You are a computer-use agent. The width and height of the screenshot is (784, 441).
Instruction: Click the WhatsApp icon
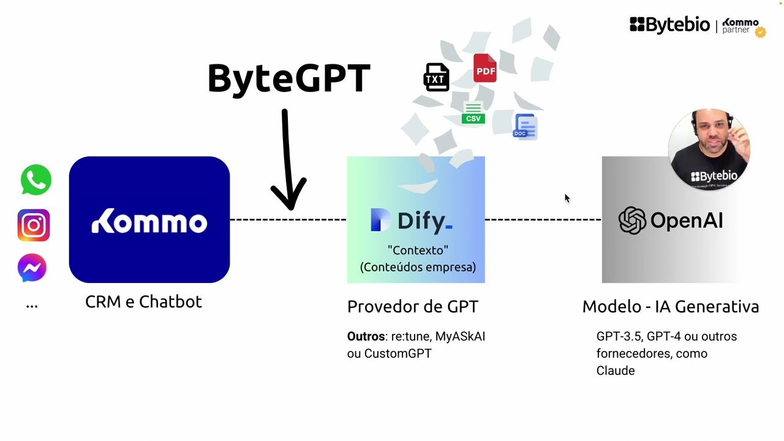tap(36, 180)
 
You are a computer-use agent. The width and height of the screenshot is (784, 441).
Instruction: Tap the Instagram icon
tap(33, 225)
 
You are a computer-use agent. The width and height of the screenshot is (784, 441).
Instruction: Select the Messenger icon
tap(32, 268)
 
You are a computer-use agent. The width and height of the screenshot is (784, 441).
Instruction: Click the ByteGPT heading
tap(288, 78)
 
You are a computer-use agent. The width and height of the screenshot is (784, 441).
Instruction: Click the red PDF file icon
tap(484, 69)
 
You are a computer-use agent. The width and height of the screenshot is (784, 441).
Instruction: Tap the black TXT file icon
tap(436, 78)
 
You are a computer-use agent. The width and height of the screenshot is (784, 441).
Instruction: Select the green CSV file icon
tap(473, 114)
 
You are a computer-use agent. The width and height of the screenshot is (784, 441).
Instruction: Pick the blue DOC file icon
tap(525, 126)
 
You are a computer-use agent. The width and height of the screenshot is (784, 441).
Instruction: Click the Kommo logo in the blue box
tap(149, 221)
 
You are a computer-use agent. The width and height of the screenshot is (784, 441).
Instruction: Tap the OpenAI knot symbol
tap(632, 221)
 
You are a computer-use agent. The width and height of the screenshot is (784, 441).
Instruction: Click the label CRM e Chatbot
tap(143, 302)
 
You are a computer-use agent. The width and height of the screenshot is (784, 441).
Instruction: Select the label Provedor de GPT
tap(412, 307)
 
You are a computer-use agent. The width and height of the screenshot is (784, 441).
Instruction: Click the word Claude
tap(616, 371)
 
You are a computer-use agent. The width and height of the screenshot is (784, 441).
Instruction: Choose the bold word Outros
tap(366, 336)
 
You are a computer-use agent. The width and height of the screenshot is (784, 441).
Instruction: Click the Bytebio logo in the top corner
tap(669, 25)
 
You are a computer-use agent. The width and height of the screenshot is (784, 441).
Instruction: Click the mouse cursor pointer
tap(567, 197)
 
